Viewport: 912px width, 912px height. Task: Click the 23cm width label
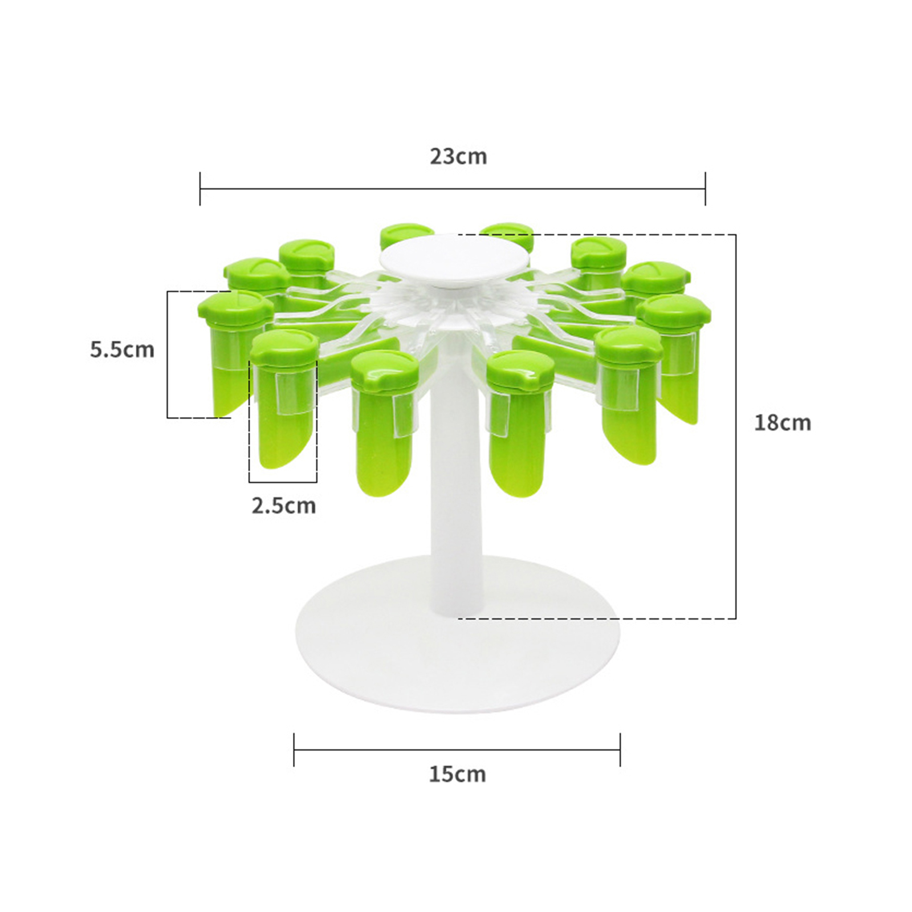pos(458,156)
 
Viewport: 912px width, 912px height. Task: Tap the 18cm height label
pos(782,423)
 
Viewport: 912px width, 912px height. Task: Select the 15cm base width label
pos(457,774)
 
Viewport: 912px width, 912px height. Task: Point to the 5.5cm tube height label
pos(122,349)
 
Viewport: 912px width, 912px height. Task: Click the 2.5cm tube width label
pos(284,506)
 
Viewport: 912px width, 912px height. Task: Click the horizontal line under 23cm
pos(453,189)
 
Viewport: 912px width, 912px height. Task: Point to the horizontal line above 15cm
pos(457,750)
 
